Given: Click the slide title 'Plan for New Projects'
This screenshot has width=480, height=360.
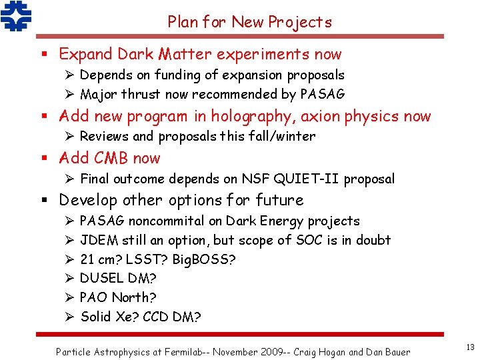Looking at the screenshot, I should [249, 22].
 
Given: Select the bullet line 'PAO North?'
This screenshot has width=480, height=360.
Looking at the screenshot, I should [117, 297].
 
